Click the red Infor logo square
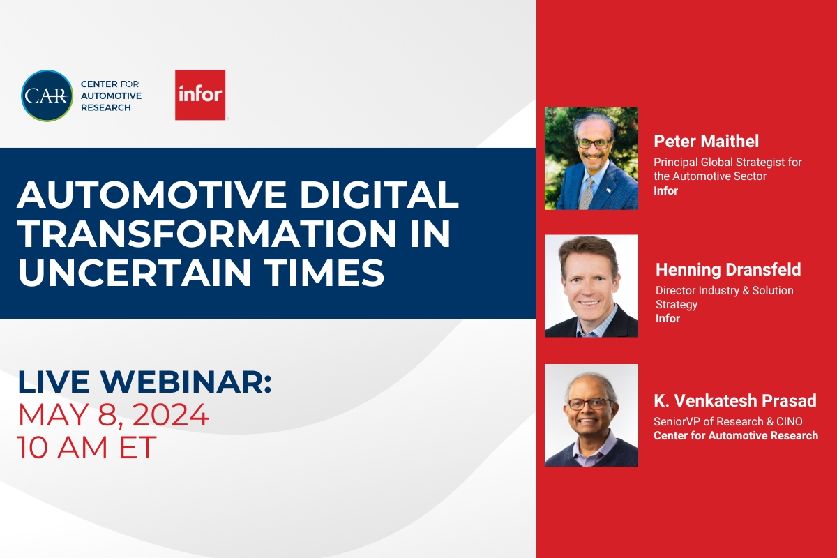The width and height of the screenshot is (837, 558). pyautogui.click(x=200, y=95)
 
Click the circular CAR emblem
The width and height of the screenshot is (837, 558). pyautogui.click(x=47, y=96)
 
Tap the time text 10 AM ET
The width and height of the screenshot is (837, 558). pyautogui.click(x=87, y=448)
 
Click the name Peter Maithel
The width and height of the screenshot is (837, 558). pyautogui.click(x=707, y=142)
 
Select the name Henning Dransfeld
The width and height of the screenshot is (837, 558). pyautogui.click(x=728, y=270)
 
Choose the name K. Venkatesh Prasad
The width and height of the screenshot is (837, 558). pyautogui.click(x=735, y=401)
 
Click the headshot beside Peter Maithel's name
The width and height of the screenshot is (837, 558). pyautogui.click(x=591, y=158)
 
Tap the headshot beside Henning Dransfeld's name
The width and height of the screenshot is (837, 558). pyautogui.click(x=591, y=286)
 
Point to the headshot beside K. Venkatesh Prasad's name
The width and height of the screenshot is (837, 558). pyautogui.click(x=591, y=415)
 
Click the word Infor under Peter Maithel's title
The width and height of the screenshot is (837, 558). pyautogui.click(x=665, y=190)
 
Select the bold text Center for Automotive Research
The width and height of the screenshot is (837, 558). pyautogui.click(x=736, y=436)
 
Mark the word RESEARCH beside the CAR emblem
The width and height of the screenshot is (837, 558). pyautogui.click(x=105, y=107)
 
